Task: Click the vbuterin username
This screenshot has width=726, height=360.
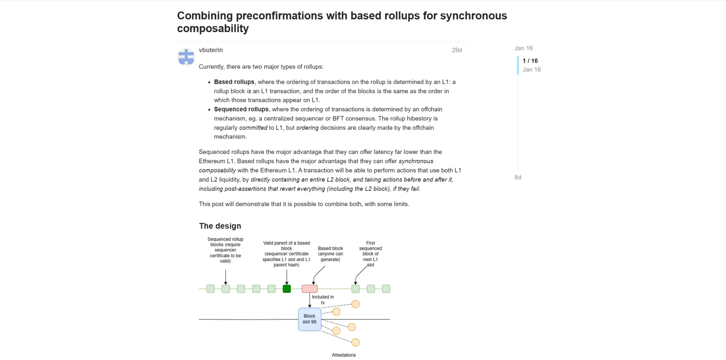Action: (211, 50)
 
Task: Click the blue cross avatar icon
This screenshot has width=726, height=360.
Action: (186, 57)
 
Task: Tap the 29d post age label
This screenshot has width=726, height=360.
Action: (456, 50)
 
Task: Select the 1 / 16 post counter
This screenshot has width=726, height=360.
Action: (530, 61)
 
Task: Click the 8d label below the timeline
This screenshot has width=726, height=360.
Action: (518, 177)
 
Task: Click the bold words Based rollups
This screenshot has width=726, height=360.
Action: (234, 82)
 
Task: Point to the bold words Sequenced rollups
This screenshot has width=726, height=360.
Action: (241, 110)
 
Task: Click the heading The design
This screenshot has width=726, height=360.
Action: (220, 226)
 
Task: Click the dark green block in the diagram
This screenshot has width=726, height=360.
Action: (287, 289)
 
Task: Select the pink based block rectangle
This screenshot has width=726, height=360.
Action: (309, 289)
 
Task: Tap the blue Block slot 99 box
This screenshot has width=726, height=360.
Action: (309, 319)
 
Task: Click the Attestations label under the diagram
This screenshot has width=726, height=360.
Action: (343, 355)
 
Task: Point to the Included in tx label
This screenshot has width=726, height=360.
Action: (323, 300)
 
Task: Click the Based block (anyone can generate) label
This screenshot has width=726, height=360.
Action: (330, 254)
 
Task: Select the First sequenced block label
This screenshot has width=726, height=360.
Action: (370, 254)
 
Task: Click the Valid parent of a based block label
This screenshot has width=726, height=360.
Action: (286, 254)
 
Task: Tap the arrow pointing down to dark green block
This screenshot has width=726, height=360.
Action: (287, 277)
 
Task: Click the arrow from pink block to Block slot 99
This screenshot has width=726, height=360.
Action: (310, 300)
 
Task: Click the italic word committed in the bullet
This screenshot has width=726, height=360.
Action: (253, 128)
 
